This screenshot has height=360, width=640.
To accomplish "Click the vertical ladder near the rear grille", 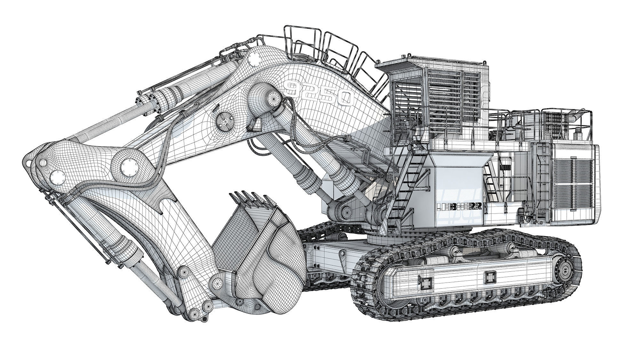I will click(x=543, y=179).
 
